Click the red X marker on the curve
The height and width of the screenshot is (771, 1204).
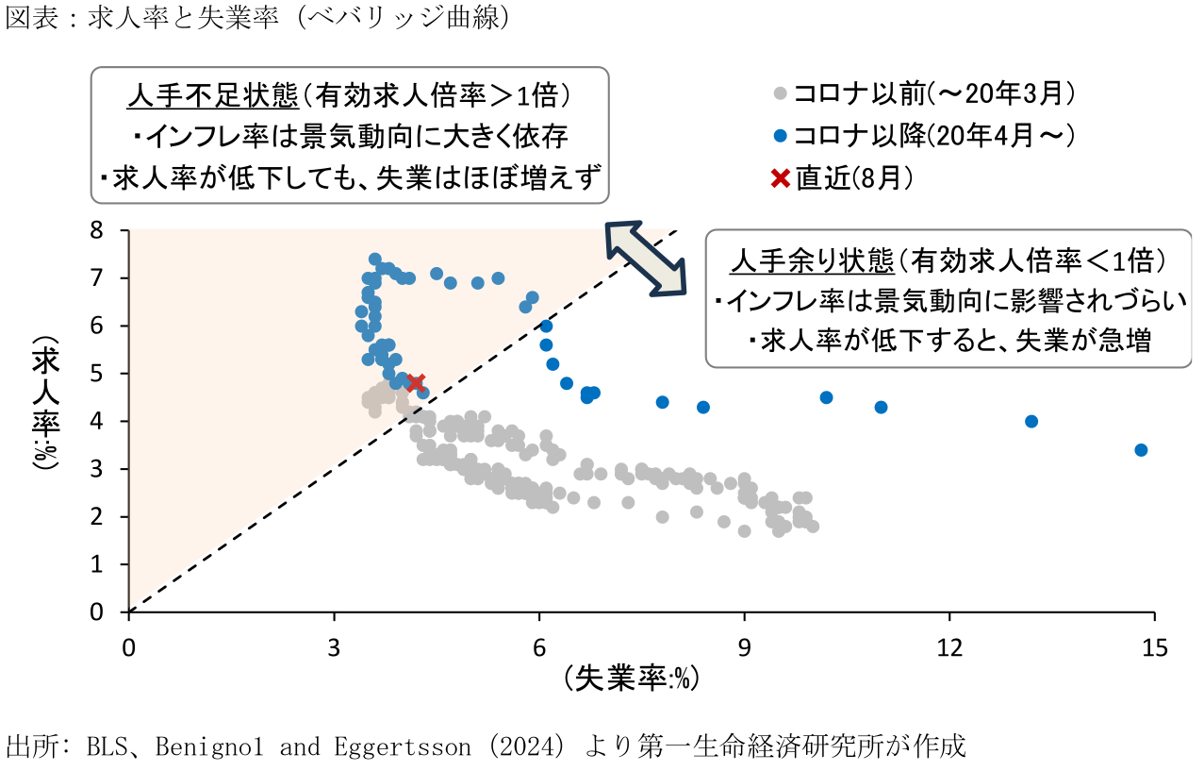pyautogui.click(x=416, y=381)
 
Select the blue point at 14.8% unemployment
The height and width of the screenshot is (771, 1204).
pyautogui.click(x=1141, y=450)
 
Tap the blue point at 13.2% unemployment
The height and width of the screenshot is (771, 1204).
pyautogui.click(x=1031, y=421)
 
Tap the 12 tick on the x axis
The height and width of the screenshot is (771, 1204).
pyautogui.click(x=949, y=647)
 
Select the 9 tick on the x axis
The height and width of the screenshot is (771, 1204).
pyautogui.click(x=745, y=647)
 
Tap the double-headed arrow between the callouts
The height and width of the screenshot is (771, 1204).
pyautogui.click(x=647, y=259)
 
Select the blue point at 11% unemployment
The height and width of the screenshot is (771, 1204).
pyautogui.click(x=881, y=407)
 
